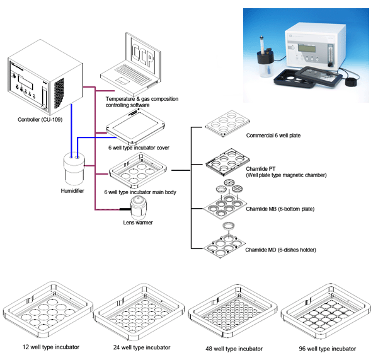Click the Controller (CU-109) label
tap(40, 119)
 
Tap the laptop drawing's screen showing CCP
tap(143, 56)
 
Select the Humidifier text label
tap(72, 191)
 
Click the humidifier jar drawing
tap(74, 169)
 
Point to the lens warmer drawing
tap(138, 207)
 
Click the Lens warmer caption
tap(138, 223)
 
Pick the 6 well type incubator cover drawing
tap(135, 126)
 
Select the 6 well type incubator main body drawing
tap(137, 170)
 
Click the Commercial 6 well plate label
tap(273, 136)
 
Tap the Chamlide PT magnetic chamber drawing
tap(227, 161)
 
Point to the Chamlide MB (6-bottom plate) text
tap(280, 209)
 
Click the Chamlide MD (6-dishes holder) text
tap(280, 250)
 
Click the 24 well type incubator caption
tap(142, 347)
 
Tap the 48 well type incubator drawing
tap(232, 311)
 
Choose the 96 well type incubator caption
tap(328, 349)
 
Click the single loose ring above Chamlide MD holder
tap(228, 226)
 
